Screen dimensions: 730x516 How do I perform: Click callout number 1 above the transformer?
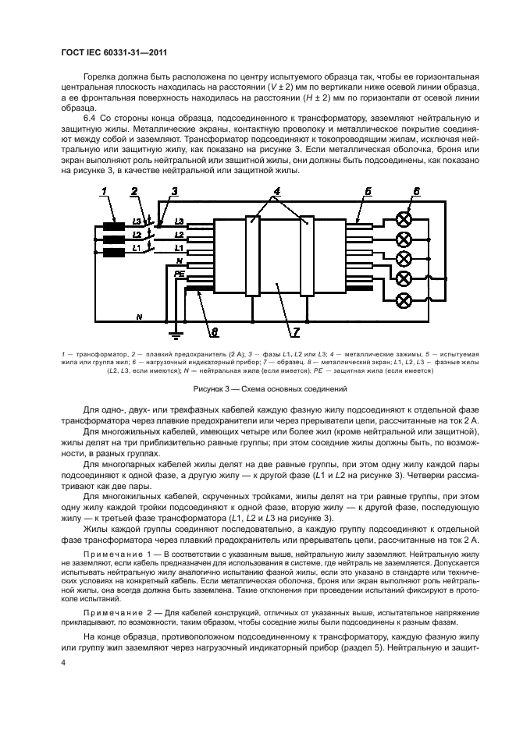point(105,192)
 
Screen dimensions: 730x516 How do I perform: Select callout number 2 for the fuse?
point(135,192)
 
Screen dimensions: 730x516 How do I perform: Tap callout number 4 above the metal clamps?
point(276,191)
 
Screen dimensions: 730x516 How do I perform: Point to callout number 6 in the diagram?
point(416,192)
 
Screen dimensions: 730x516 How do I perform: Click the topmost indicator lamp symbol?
point(404,218)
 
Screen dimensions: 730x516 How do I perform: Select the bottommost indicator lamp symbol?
point(404,300)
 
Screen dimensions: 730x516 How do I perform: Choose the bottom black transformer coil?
point(114,253)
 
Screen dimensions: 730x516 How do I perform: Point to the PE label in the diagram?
point(179,274)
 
